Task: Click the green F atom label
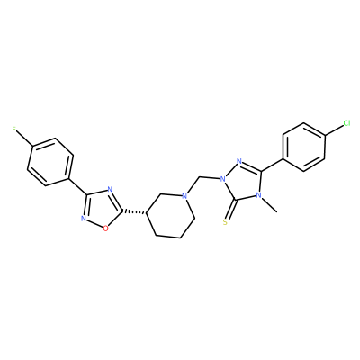click(x=13, y=130)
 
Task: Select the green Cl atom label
click(x=346, y=123)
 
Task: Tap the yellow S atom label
click(x=226, y=222)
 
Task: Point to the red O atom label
click(x=105, y=229)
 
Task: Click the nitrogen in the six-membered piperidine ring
click(x=185, y=196)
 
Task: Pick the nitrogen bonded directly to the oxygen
click(x=84, y=219)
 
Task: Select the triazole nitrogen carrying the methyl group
click(x=258, y=196)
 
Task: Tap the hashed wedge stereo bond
click(x=134, y=212)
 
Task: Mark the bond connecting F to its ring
click(x=24, y=138)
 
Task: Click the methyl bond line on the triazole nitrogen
click(x=269, y=205)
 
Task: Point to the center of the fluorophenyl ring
click(x=50, y=162)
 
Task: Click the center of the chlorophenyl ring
click(x=304, y=147)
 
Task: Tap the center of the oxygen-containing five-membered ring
click(x=100, y=209)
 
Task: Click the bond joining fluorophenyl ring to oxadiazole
click(x=78, y=187)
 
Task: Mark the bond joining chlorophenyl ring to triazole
click(x=272, y=166)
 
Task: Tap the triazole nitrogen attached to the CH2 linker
click(x=223, y=180)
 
